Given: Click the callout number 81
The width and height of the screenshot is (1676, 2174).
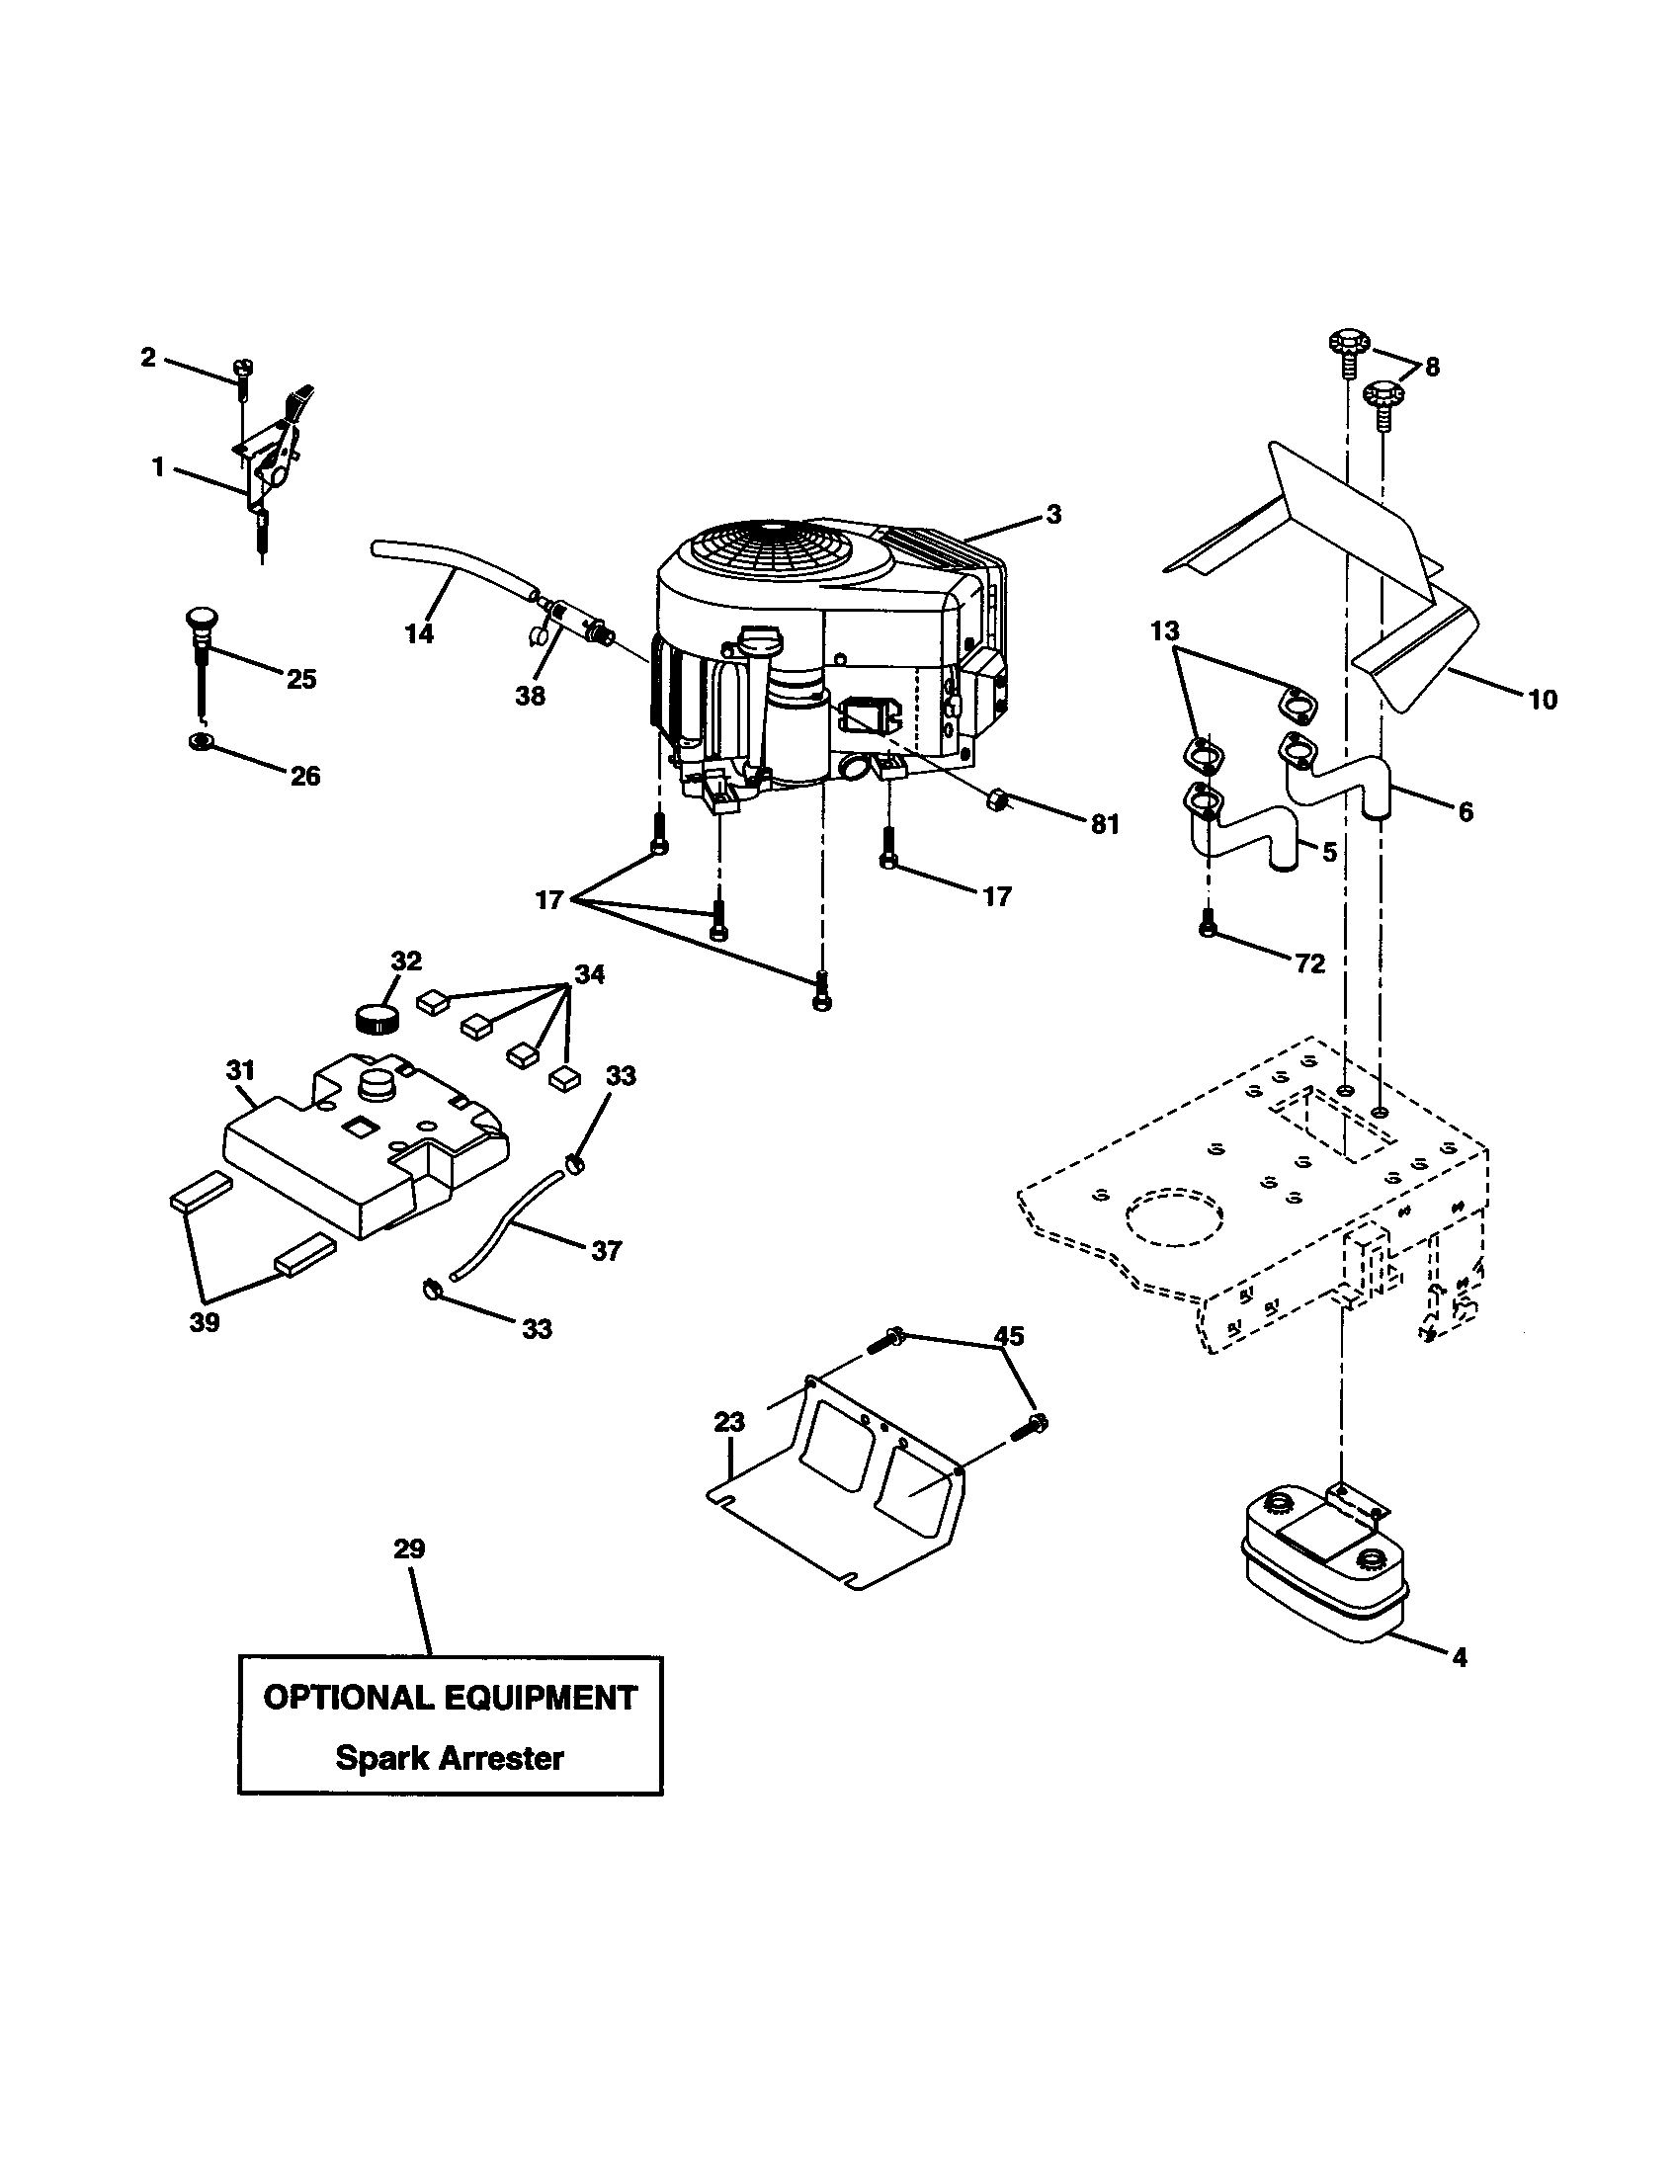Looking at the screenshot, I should click(1105, 824).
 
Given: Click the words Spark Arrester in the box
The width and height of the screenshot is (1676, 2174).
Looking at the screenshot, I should click(450, 1758).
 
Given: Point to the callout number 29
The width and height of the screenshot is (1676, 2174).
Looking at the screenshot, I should click(409, 1548).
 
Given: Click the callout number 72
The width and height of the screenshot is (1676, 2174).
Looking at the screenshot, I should click(1309, 963).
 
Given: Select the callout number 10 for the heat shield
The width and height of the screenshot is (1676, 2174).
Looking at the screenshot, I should click(1542, 700).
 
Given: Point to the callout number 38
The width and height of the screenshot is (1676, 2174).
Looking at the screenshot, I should click(531, 696).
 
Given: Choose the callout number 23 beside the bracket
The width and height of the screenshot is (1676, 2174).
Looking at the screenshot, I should click(729, 1422).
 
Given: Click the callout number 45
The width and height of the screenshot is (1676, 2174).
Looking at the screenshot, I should click(1010, 1336).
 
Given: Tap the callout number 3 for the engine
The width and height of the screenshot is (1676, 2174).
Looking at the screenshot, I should click(1054, 515).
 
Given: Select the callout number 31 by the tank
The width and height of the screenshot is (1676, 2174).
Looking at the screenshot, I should click(240, 1070).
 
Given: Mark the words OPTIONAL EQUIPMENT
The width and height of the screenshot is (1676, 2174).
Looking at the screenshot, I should click(450, 1698).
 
